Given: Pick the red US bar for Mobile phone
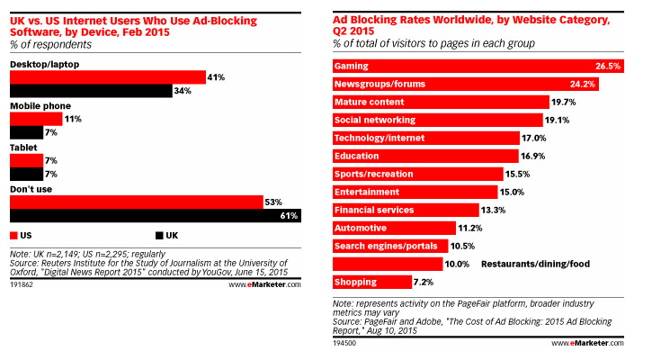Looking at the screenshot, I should (x=36, y=119).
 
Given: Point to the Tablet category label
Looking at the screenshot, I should (x=23, y=146).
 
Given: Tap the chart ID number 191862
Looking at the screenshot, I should (x=22, y=283).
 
